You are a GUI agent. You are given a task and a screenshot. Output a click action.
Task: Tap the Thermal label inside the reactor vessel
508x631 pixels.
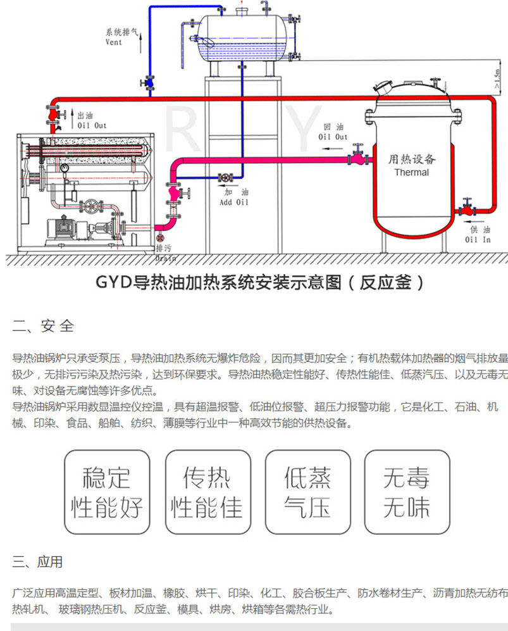pyautogui.click(x=411, y=172)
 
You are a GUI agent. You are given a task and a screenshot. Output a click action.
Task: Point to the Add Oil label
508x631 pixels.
pyautogui.click(x=233, y=203)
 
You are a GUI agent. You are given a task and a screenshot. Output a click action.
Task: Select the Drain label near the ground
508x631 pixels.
pyautogui.click(x=165, y=258)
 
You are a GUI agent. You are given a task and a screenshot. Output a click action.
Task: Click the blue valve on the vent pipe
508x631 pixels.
pyautogui.click(x=150, y=82)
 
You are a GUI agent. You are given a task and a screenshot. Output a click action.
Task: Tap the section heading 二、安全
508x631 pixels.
pyautogui.click(x=43, y=327)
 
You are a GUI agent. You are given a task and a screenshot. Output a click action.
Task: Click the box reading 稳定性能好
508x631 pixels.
pyautogui.click(x=107, y=493)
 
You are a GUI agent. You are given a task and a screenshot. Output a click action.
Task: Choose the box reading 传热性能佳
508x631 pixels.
pyautogui.click(x=206, y=493)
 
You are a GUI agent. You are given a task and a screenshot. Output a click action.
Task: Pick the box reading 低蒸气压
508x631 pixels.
pyautogui.click(x=307, y=493)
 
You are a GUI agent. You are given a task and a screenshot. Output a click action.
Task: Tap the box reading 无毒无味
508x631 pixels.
pyautogui.click(x=406, y=493)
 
